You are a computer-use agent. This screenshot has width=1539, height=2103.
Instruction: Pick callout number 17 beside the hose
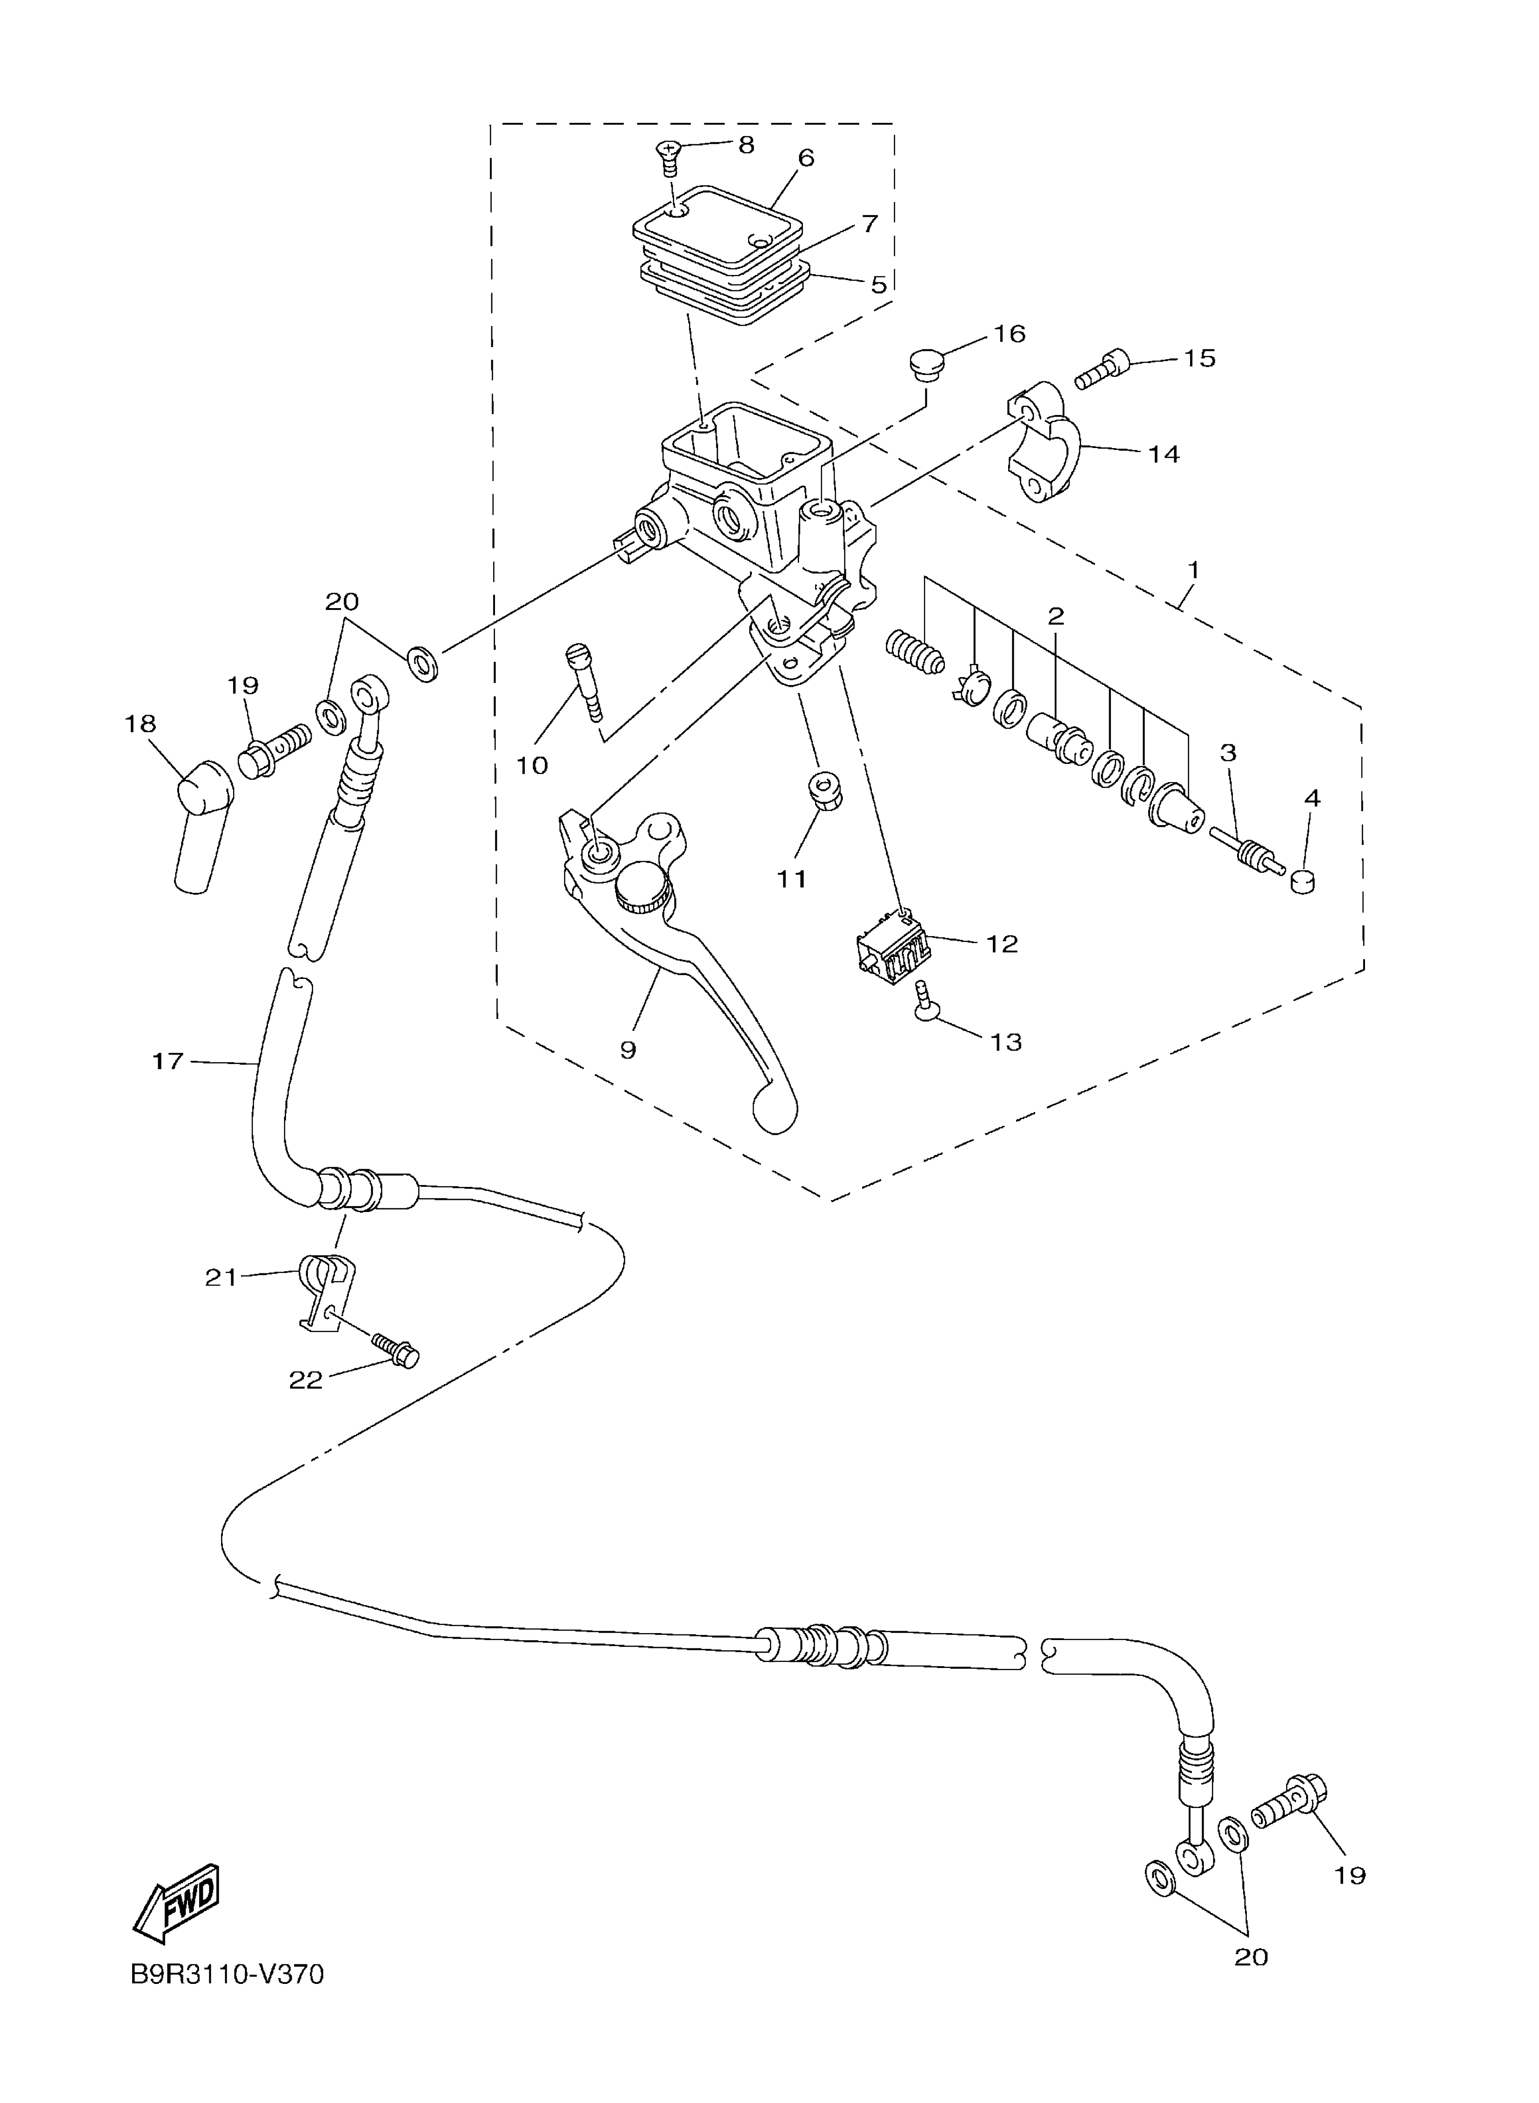pyautogui.click(x=167, y=1061)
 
